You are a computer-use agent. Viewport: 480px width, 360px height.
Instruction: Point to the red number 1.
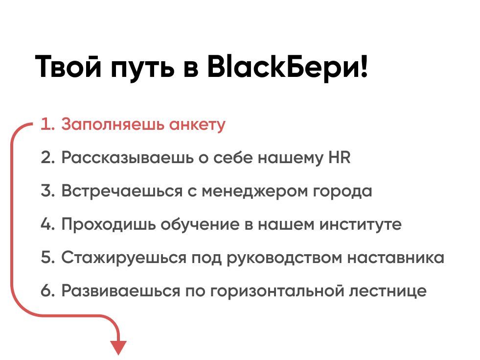click(46, 124)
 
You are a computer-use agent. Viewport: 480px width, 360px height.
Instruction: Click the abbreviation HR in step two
click(340, 158)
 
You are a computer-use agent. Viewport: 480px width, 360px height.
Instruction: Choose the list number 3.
click(47, 191)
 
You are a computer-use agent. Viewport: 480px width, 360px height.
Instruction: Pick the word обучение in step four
click(217, 225)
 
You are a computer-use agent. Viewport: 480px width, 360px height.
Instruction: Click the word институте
click(361, 225)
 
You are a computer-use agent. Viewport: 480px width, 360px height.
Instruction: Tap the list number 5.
click(47, 258)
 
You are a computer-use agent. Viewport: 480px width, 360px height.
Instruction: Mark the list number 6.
click(47, 291)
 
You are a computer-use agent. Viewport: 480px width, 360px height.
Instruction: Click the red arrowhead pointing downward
click(118, 347)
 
